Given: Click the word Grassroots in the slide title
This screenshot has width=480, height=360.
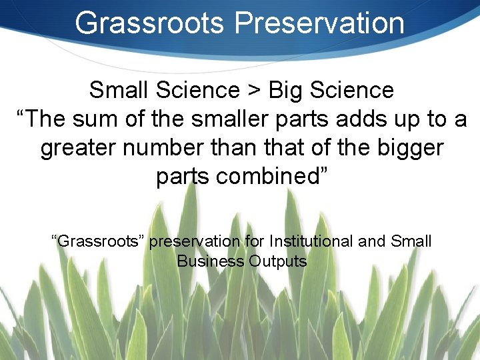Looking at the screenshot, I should tap(150, 23).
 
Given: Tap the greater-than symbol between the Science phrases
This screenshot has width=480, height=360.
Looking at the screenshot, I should tap(254, 89).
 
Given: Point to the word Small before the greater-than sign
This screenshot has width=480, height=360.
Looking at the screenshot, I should tap(118, 89).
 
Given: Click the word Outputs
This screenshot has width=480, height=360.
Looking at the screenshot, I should tap(277, 261).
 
